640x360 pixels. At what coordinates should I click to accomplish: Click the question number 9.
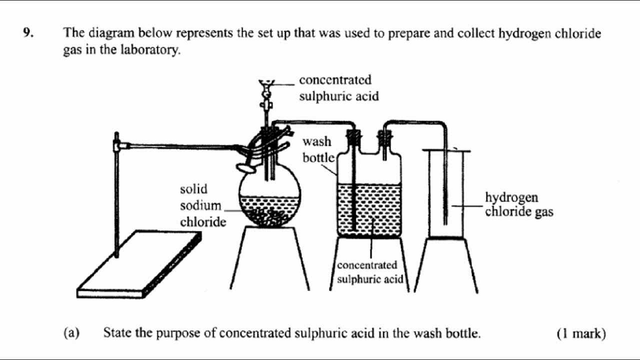(x=27, y=33)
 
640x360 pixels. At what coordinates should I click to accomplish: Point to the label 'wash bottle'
(x=317, y=149)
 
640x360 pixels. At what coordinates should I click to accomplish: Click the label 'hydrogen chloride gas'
(x=518, y=204)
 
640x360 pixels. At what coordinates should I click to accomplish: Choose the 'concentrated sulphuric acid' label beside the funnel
(x=338, y=88)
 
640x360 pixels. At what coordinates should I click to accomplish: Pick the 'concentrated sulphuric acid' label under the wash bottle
(x=370, y=272)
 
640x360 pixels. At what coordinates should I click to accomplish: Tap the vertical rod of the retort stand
(x=116, y=200)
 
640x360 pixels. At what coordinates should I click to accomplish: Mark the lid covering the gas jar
(x=446, y=150)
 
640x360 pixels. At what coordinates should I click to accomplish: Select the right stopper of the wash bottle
(x=384, y=136)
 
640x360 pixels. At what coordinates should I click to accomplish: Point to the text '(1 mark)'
(x=580, y=333)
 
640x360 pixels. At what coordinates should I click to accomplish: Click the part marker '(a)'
(x=71, y=333)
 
